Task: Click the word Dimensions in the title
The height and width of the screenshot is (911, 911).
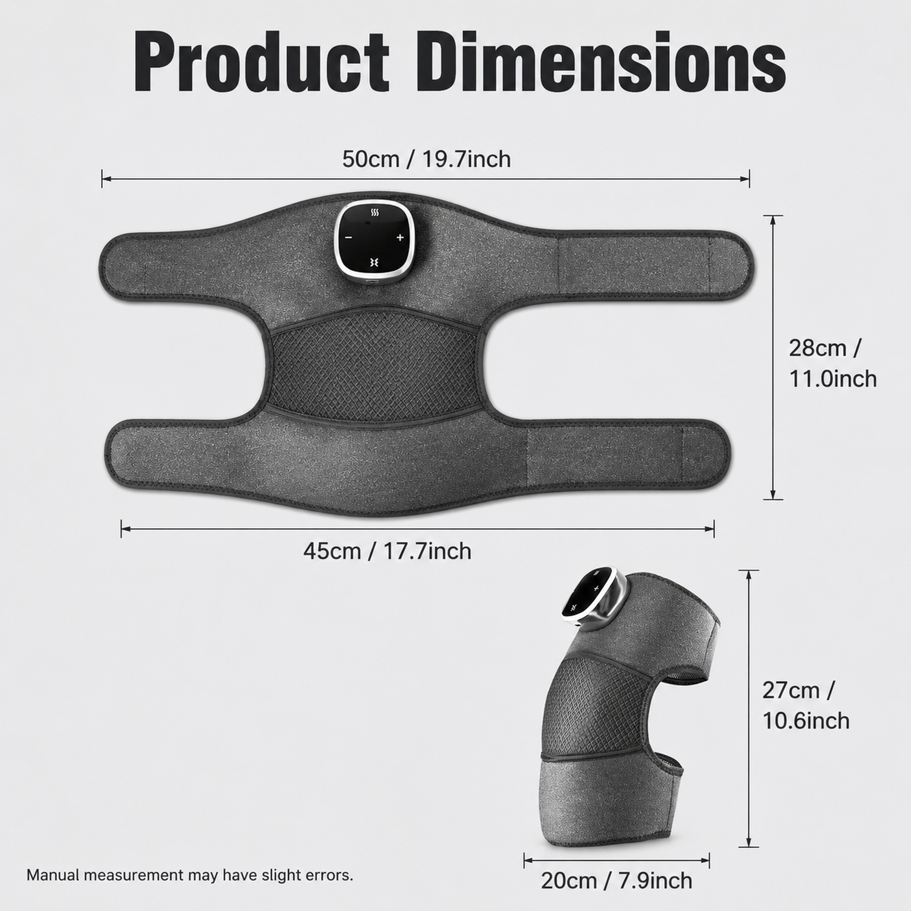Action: pos(600,62)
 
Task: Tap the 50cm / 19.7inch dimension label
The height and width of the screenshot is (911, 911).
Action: pos(426,159)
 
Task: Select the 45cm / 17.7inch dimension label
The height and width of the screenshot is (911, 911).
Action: pos(387,551)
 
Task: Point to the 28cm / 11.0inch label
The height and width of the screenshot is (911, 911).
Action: pos(833,363)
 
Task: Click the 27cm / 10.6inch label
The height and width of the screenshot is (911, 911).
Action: pos(806,705)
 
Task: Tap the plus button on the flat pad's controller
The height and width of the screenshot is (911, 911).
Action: pos(400,238)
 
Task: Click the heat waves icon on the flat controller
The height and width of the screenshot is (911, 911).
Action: pos(375,213)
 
